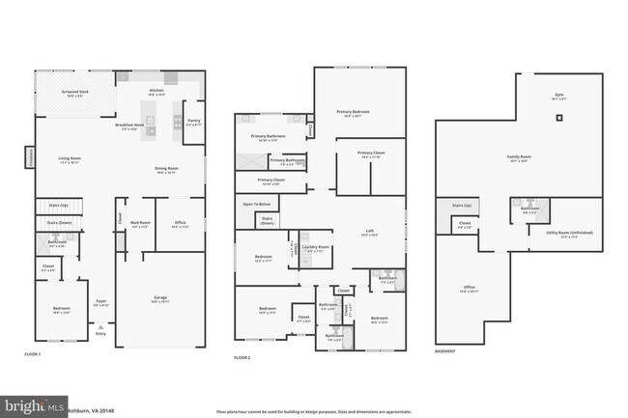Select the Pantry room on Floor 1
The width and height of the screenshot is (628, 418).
[x=193, y=121]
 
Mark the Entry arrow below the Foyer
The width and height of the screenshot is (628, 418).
[x=100, y=335]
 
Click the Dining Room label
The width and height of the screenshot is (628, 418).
[x=166, y=171]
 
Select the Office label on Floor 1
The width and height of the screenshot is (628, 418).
[x=180, y=225]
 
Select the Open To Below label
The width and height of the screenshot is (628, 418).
[x=256, y=205]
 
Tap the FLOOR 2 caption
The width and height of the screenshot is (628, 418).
[x=243, y=357]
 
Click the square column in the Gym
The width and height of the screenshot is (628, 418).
[x=558, y=118]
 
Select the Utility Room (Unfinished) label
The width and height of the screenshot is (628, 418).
[x=569, y=233]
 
